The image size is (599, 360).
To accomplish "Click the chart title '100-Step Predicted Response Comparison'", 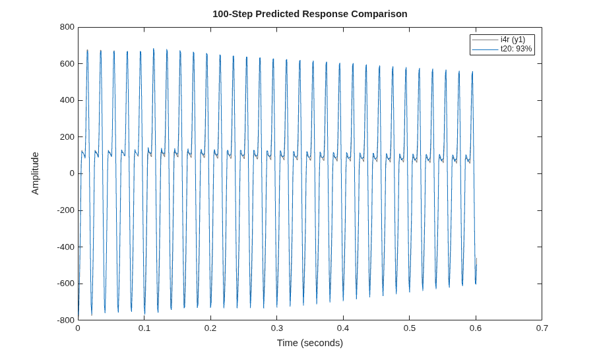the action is pyautogui.click(x=310, y=14).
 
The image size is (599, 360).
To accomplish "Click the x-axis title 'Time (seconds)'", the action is pyautogui.click(x=310, y=343).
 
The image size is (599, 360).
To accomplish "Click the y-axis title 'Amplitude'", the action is pyautogui.click(x=35, y=173).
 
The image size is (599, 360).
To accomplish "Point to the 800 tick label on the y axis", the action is pyautogui.click(x=67, y=27).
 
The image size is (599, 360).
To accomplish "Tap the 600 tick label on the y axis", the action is pyautogui.click(x=67, y=64).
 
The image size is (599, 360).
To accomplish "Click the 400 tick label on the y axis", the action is pyautogui.click(x=67, y=100).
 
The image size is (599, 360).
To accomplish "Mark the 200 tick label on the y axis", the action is pyautogui.click(x=67, y=137).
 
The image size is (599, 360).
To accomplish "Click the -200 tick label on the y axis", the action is pyautogui.click(x=65, y=210).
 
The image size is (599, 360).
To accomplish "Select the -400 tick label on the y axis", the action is pyautogui.click(x=65, y=247).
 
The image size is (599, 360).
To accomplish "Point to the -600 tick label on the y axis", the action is pyautogui.click(x=65, y=284).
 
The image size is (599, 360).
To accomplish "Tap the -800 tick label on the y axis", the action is pyautogui.click(x=65, y=320).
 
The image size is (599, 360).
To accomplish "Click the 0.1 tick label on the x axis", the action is pyautogui.click(x=144, y=328).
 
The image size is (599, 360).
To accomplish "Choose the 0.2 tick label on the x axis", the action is pyautogui.click(x=210, y=328).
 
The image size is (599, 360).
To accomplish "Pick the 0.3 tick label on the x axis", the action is pyautogui.click(x=277, y=328).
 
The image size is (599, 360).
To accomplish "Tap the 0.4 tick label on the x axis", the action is pyautogui.click(x=343, y=328).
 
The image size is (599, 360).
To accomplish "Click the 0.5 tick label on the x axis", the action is pyautogui.click(x=409, y=328).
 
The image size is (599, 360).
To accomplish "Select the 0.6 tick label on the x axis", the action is pyautogui.click(x=476, y=328).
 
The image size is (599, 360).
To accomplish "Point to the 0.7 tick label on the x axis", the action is pyautogui.click(x=542, y=328).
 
